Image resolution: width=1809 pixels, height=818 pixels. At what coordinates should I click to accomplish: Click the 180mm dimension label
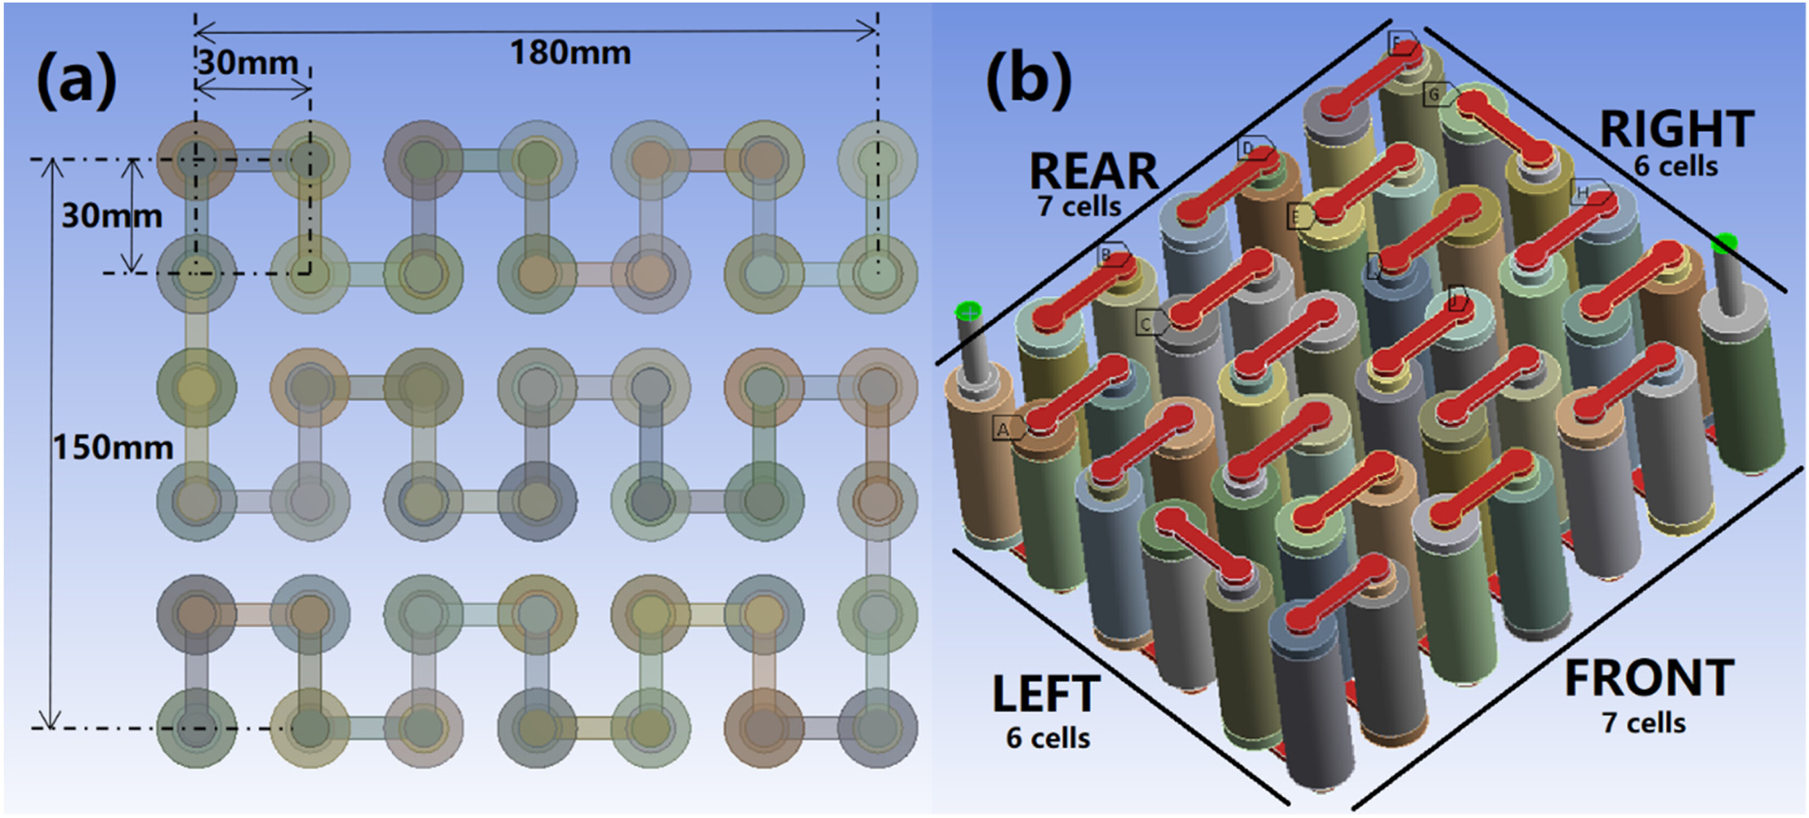570,53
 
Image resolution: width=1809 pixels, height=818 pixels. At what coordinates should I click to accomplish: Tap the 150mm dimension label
113,447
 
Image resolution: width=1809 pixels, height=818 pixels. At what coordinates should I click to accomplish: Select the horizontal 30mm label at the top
248,63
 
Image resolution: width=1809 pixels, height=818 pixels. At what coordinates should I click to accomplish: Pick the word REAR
1093,171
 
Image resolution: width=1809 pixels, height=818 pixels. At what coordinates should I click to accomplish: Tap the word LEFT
1045,694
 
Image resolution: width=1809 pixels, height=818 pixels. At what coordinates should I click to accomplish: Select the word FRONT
1649,678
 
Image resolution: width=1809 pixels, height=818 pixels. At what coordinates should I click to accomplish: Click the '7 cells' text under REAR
1079,207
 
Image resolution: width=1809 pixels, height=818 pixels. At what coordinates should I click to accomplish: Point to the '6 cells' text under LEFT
1048,738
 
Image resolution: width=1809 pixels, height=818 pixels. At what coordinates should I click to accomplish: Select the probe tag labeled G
1435,94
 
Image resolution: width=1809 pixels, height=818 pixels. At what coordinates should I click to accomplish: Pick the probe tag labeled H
1583,192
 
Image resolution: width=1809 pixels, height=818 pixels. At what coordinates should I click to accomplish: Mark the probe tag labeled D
1248,149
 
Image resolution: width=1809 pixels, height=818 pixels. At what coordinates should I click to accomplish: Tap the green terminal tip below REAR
968,310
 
